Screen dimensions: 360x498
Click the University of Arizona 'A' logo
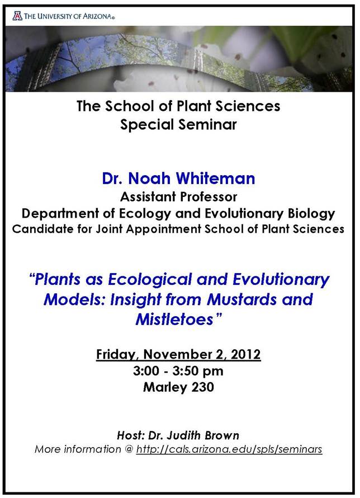click(17, 16)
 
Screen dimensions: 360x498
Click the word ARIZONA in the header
click(97, 16)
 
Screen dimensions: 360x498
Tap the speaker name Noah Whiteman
click(192, 178)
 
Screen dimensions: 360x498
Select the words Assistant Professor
click(178, 197)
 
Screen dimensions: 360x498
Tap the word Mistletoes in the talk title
click(174, 319)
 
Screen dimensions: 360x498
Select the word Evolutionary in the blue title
click(281, 279)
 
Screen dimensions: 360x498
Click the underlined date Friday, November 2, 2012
click(178, 354)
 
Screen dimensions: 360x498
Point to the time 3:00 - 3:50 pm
click(178, 370)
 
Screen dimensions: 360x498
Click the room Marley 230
click(178, 387)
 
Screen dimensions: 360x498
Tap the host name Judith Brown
click(203, 435)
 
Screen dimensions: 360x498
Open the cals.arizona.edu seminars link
click(229, 449)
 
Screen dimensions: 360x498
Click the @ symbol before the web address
click(129, 449)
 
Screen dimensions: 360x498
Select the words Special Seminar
click(178, 124)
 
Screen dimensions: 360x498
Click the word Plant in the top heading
click(193, 106)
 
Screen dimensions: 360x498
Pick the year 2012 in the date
click(246, 354)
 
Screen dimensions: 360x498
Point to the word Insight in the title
click(135, 299)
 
